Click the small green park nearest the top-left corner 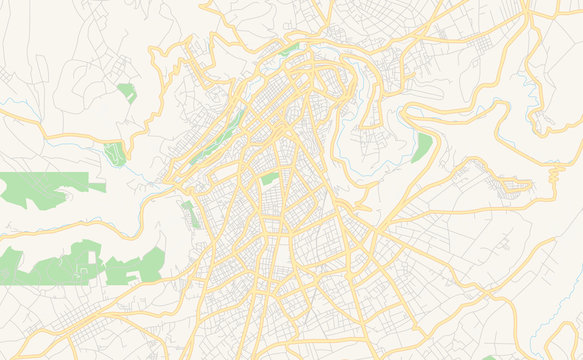pyautogui.click(x=127, y=93)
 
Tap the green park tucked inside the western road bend pyautogui.click(x=114, y=153)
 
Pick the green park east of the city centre pyautogui.click(x=422, y=147)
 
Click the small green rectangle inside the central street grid pyautogui.click(x=269, y=178)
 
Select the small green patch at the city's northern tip pyautogui.click(x=290, y=47)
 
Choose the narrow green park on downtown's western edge pyautogui.click(x=189, y=213)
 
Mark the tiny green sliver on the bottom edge pyautogui.click(x=490, y=357)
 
